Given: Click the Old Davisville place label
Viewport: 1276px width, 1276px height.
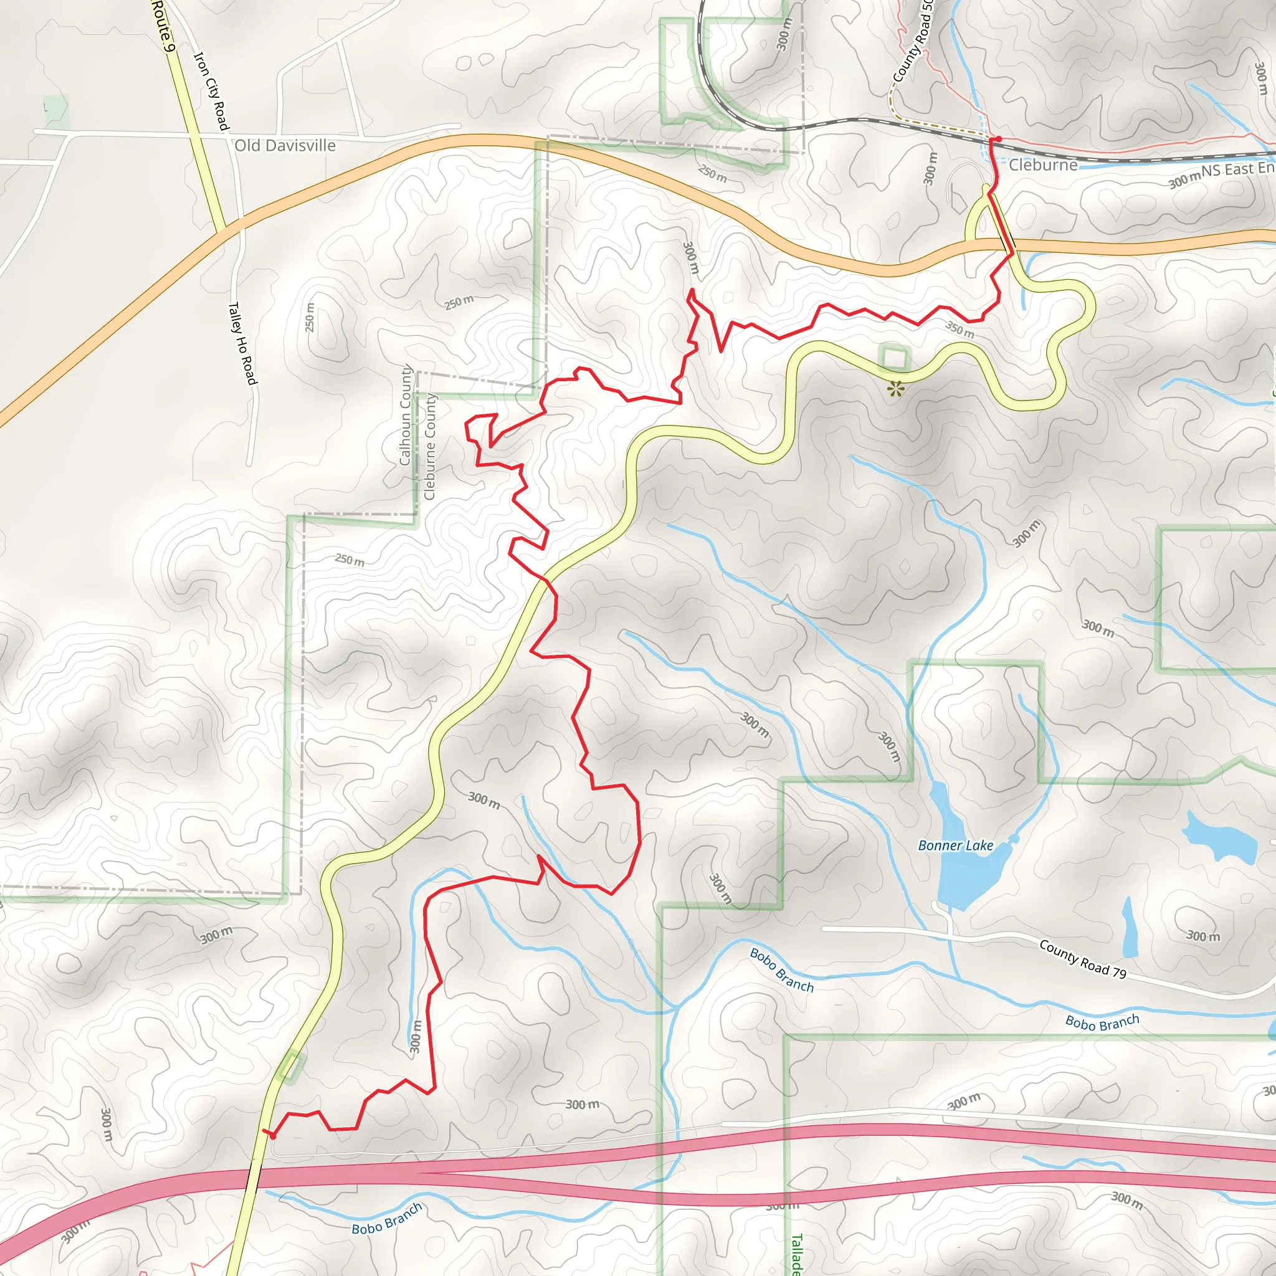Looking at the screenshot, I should point(285,145).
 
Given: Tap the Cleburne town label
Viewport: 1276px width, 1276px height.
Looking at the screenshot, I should point(1042,164).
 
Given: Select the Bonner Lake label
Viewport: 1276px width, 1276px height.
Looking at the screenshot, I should point(955,845).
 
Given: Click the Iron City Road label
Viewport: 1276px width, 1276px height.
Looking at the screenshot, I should point(211,91).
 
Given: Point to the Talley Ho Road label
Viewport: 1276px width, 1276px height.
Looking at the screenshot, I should point(241,343).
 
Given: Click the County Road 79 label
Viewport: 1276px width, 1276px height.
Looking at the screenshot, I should point(1082,958).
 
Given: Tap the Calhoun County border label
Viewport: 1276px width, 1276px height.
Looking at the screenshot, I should point(406,416).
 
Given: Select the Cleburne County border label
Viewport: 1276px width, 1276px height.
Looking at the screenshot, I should point(430,447).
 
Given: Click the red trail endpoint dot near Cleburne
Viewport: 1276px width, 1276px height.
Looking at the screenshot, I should point(998,139).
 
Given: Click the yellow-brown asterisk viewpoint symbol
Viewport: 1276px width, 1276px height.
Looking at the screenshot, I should point(895,389).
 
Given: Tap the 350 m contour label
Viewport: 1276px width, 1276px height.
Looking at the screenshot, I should point(959,329).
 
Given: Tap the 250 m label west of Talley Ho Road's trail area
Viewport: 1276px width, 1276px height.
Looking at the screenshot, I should point(310,317).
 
